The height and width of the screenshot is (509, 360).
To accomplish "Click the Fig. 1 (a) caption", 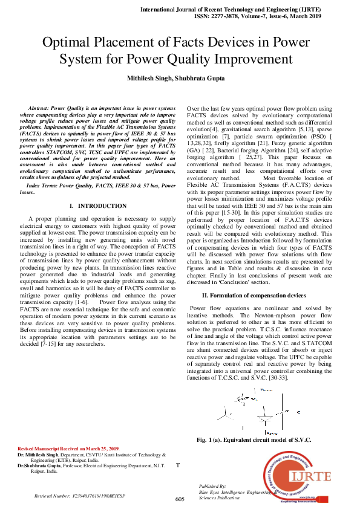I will coord(254,439).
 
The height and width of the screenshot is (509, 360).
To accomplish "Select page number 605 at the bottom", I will coord(180,499).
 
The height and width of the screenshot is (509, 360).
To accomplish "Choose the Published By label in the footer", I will coord(212,486).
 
